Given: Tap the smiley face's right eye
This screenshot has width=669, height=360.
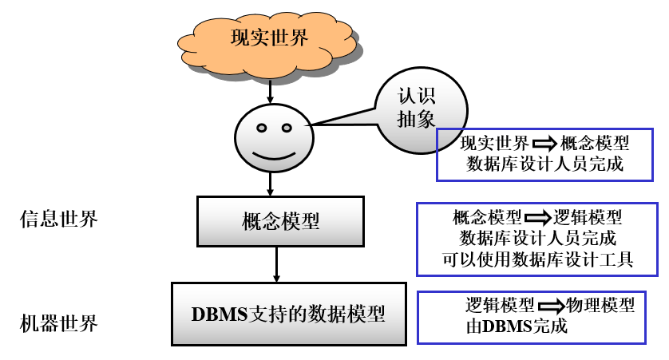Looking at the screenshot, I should tap(285, 128).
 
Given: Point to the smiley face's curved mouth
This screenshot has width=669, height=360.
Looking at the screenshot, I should tap(271, 152).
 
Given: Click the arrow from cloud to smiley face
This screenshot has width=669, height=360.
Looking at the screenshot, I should tap(270, 90).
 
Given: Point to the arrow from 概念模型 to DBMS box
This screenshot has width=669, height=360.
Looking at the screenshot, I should tap(276, 263).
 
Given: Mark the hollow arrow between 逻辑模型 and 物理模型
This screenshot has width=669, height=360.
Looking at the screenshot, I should tap(550, 306).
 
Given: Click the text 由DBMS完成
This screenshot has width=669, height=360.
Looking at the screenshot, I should tap(516, 326).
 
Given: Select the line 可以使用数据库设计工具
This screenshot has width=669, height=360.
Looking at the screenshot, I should tap(537, 259).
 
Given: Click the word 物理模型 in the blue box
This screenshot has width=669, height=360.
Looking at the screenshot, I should tap(600, 305).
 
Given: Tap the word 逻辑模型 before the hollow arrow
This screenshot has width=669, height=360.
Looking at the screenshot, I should tap(500, 305).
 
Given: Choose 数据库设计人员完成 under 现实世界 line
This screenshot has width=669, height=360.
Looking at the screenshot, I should tap(544, 164).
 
